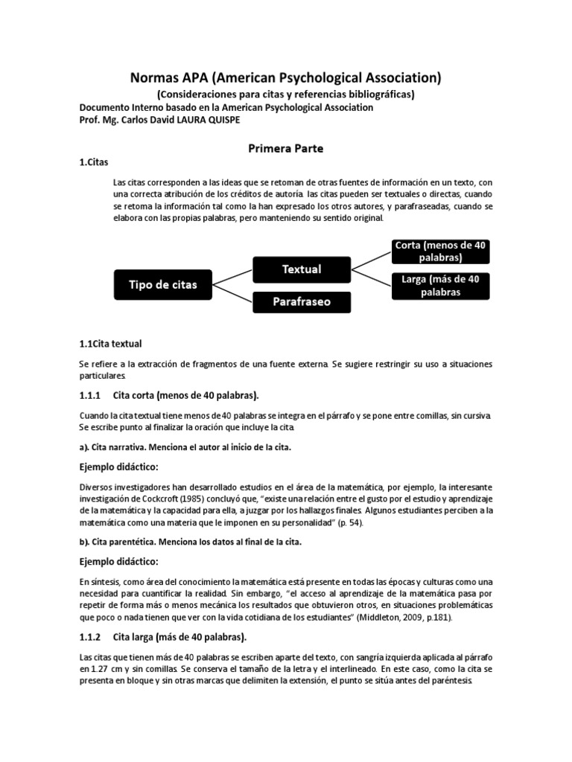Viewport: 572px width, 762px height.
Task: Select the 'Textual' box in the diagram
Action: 302,269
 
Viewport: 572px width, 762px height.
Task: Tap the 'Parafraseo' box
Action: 302,303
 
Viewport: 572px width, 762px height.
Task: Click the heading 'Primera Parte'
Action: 286,148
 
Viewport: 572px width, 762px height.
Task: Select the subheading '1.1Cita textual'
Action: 110,344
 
